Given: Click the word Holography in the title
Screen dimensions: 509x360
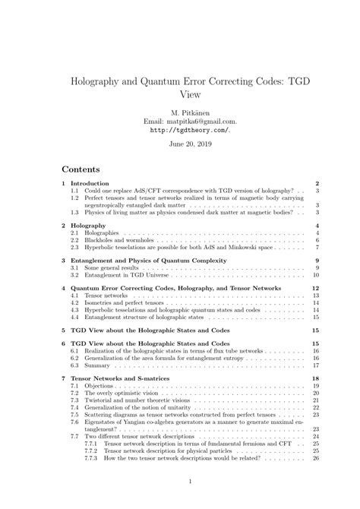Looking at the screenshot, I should (x=102, y=81).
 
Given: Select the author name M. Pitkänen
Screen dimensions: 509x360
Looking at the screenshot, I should (x=179, y=110).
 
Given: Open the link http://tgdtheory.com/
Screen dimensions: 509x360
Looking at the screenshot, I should (x=179, y=129).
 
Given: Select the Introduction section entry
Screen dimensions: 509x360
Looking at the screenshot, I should (x=91, y=184).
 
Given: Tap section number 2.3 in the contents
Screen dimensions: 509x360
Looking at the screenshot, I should (x=74, y=248).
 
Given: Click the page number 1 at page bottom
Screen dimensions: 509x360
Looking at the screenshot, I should (x=179, y=482).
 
